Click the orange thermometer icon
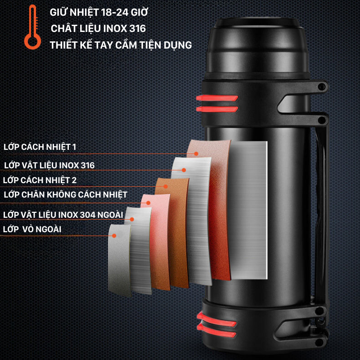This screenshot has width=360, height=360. coord(33,27)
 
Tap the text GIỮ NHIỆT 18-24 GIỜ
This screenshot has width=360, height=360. coord(99,12)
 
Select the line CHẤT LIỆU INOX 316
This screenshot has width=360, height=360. coord(98,28)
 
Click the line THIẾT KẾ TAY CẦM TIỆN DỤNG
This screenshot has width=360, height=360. coord(121,45)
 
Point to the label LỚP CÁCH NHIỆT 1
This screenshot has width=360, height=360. coord(40,147)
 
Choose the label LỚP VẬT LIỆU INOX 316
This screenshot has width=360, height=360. coord(49,165)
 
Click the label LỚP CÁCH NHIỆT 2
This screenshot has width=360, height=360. coord(40,180)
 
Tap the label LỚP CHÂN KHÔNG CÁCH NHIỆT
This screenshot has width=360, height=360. coord(66,195)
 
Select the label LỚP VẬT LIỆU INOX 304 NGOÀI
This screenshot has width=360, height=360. coord(63,215)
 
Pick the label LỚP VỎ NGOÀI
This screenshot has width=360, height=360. coord(32,229)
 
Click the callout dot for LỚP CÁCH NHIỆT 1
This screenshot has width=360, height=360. coord(196,154)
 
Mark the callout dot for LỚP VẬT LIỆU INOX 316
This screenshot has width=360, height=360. coord(184,170)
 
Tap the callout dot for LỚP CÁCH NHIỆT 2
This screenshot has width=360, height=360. coord(166,186)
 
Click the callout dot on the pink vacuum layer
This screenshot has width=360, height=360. coord(148,203)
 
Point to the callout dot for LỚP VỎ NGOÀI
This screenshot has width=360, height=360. coord(114,235)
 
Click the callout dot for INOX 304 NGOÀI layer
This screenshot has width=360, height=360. coord(132,220)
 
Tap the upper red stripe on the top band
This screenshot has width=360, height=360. coord(217,98)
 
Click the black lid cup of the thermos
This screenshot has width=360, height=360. coord(257,46)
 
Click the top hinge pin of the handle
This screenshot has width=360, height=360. coord(322,86)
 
